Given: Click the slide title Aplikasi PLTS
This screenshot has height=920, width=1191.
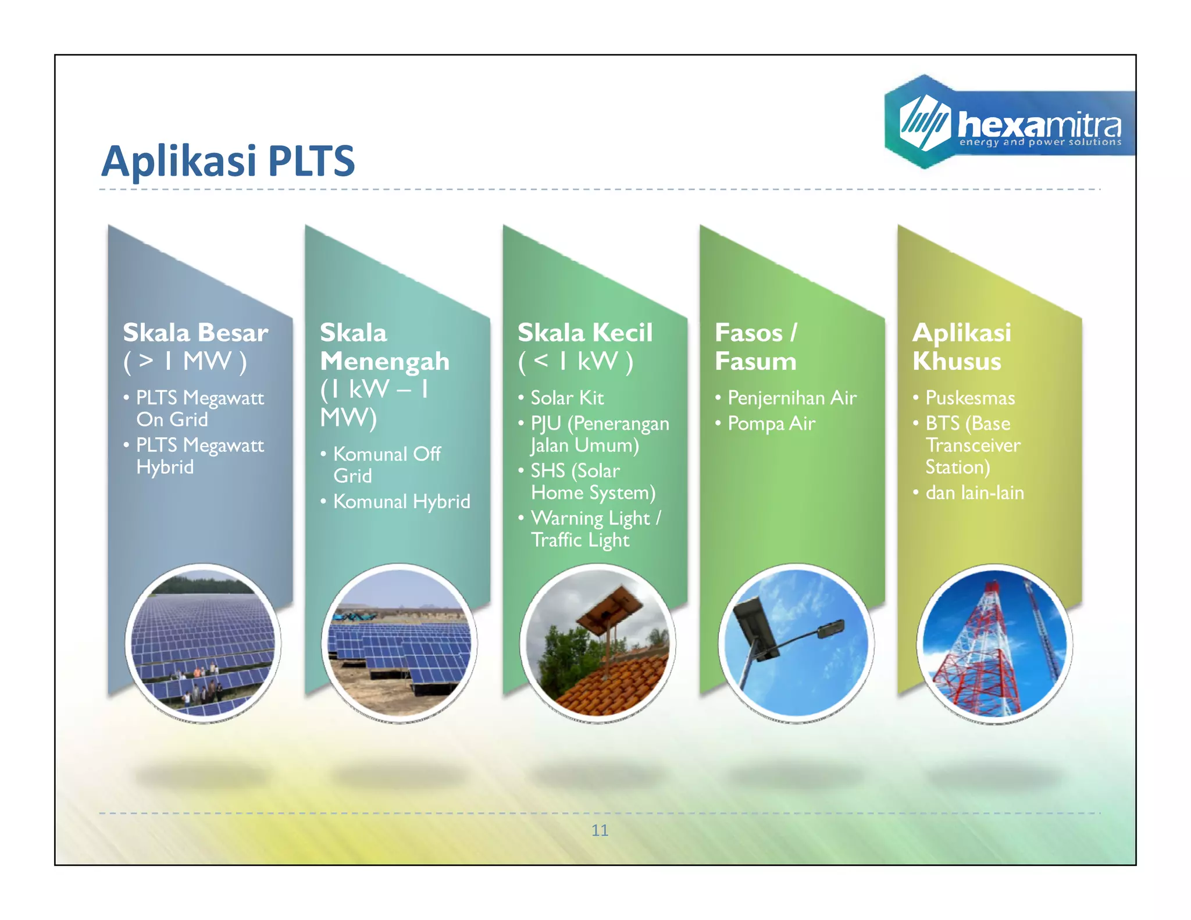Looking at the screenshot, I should (227, 161).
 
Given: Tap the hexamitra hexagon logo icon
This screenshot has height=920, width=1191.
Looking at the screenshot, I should (923, 122).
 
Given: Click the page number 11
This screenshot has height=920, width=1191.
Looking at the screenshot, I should (600, 830).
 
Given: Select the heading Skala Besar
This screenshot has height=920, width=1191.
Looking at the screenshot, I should (195, 333).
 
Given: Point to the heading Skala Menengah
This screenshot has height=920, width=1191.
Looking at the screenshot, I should (384, 347).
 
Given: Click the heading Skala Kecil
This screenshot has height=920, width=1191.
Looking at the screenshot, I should (584, 333).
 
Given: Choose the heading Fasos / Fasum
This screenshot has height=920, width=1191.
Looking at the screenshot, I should (755, 347).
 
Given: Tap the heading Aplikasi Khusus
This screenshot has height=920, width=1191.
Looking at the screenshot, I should (961, 347).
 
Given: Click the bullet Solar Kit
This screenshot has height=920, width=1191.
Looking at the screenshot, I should (567, 398).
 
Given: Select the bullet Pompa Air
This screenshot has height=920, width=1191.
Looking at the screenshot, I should (771, 423).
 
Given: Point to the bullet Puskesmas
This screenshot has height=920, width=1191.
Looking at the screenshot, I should (969, 398).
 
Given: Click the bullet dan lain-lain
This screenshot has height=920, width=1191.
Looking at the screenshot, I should (974, 493).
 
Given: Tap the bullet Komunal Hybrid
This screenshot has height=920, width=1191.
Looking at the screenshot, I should (401, 501).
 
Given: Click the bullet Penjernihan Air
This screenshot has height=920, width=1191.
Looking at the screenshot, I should (791, 398).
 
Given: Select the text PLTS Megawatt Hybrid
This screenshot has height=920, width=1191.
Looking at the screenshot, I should (199, 456).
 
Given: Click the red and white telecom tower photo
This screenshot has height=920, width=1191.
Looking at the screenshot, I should (994, 644).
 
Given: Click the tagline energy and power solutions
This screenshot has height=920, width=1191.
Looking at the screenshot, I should (1040, 142).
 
